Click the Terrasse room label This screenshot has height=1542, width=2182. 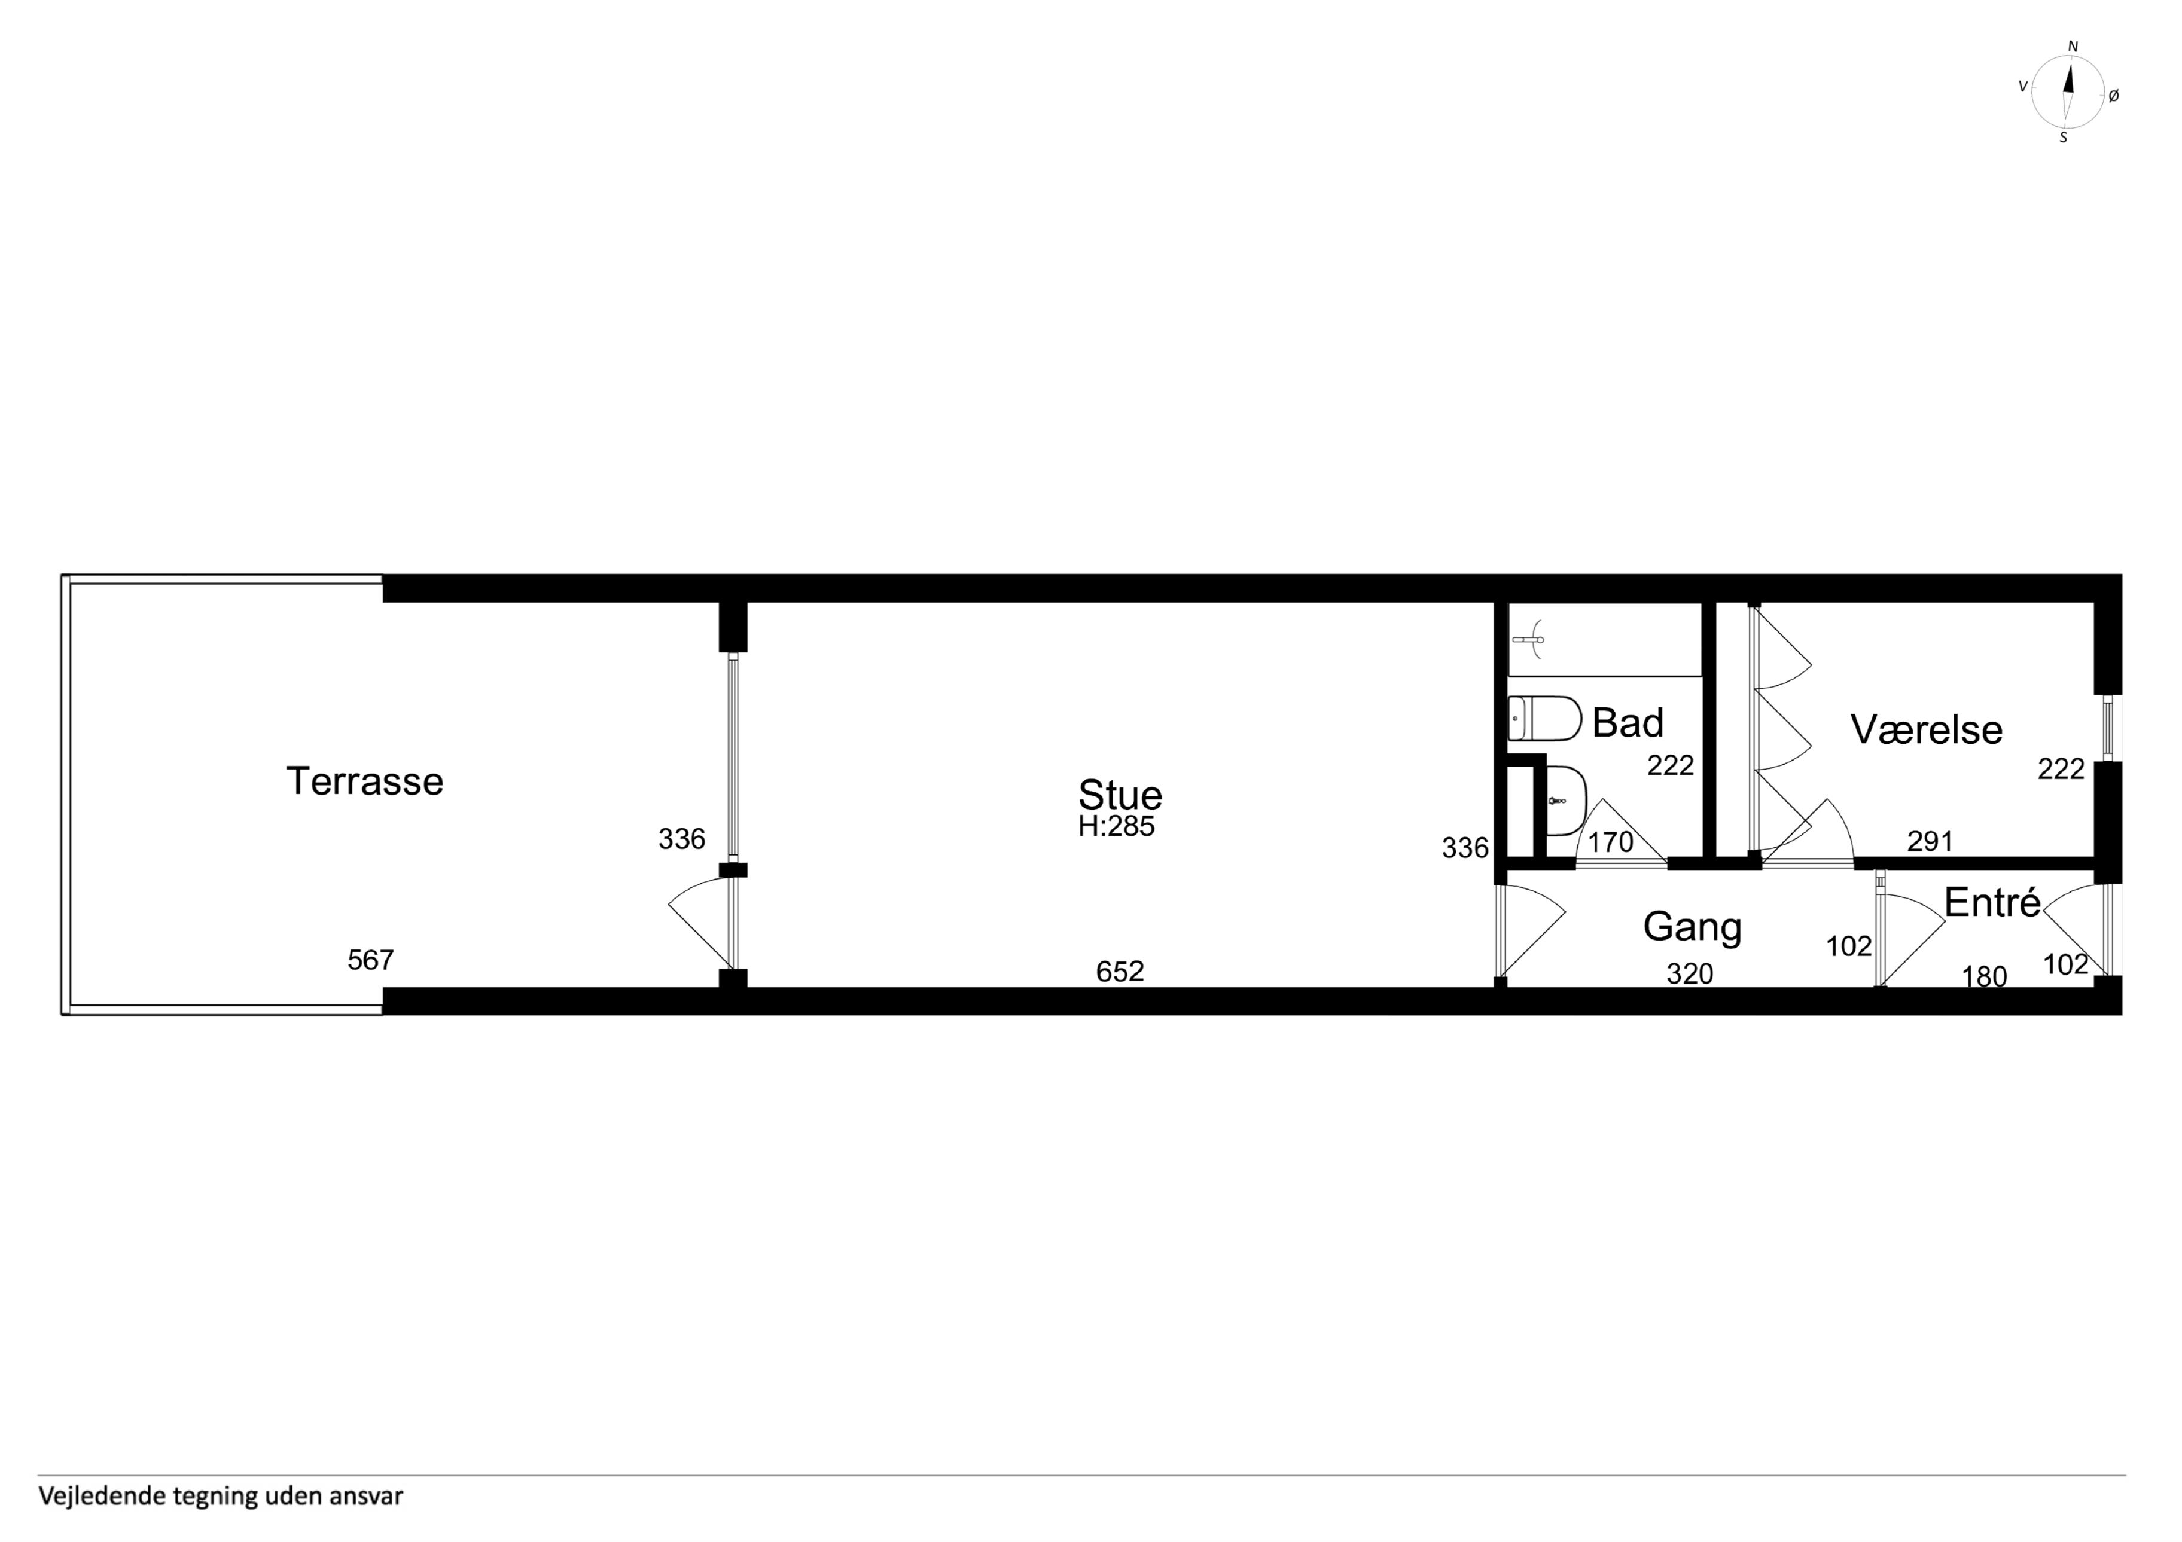coord(365,782)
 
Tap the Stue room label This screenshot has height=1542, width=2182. coord(1120,794)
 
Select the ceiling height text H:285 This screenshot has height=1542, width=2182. coord(1117,826)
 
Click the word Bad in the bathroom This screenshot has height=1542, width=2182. coord(1628,723)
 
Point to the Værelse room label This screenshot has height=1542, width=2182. coord(1927,729)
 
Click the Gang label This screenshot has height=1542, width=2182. coord(1693,927)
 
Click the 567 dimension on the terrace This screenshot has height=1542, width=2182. coord(371,961)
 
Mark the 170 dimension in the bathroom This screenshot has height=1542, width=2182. coord(1611,842)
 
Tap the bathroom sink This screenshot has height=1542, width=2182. coord(1566,801)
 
